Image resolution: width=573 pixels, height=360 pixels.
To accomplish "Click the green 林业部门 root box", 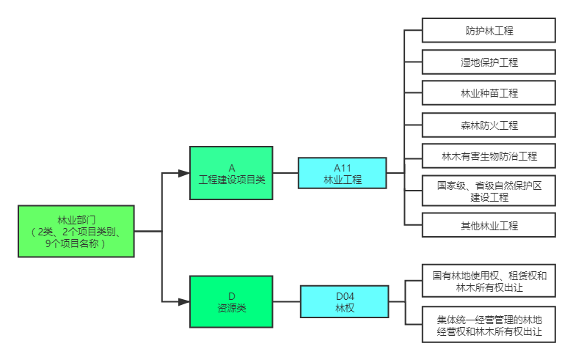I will coord(76,231).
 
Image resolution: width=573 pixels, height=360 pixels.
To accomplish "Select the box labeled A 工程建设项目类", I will coord(231,173).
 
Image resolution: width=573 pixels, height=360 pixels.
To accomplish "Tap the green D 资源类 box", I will coord(231,301).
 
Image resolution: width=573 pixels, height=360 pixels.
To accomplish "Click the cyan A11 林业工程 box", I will coord(342,173).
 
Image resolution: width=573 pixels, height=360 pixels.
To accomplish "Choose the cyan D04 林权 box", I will coord(344,301).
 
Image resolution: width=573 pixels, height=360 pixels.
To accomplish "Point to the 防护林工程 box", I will coord(489,31).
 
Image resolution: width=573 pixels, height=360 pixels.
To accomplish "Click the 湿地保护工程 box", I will coord(489,62).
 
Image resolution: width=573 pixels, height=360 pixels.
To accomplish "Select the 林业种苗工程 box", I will coord(489,93).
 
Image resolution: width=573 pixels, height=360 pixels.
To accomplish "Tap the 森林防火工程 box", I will coord(489,125).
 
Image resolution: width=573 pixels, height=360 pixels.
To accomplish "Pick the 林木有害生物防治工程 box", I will coord(489,156).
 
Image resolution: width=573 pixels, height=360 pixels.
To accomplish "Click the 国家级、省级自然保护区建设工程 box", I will coord(489,191).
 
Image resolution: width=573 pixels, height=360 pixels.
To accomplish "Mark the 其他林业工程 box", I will coord(489,225).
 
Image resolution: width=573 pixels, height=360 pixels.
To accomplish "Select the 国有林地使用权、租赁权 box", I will coord(489,282).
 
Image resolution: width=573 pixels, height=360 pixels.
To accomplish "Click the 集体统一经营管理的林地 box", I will coord(489,325).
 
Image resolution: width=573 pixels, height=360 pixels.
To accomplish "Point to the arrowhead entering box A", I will coord(184,173).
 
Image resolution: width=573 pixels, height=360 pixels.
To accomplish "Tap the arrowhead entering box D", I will coord(184,301).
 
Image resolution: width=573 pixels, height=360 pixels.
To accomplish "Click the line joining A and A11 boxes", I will coord(285,173).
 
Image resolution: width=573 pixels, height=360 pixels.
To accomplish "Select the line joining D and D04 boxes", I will coord(286,301).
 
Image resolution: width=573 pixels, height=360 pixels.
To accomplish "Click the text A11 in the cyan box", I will coord(342,168).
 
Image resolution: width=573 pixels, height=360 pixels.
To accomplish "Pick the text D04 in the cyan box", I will coord(344,296).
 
